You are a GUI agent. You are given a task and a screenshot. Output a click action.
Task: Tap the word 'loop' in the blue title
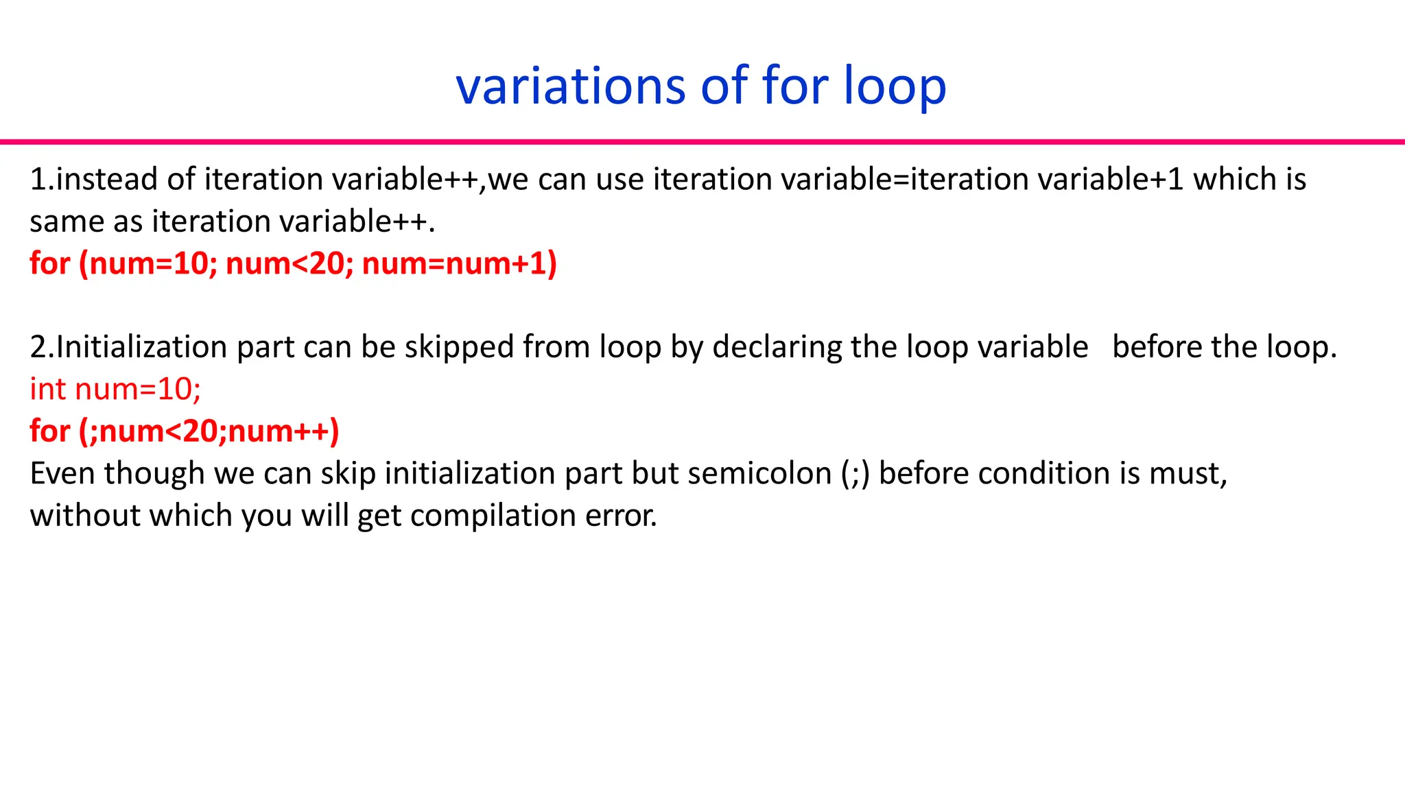point(895,86)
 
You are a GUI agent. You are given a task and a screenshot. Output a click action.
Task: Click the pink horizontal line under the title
point(702,142)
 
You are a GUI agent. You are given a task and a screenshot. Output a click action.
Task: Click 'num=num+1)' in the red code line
point(459,264)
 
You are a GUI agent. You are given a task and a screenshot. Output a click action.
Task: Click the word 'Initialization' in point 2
point(141,347)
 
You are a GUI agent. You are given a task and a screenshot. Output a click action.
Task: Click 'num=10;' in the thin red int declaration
point(138,390)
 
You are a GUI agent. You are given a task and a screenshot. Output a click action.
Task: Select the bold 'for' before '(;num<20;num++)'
point(50,431)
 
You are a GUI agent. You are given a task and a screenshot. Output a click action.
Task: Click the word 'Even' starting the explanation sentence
point(62,474)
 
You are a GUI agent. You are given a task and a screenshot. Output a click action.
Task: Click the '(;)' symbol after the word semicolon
point(855,474)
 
